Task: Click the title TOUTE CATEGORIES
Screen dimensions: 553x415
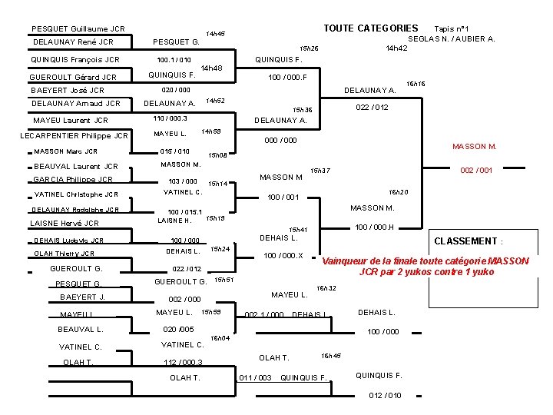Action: pos(370,28)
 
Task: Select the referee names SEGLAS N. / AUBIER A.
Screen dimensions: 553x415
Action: pos(452,38)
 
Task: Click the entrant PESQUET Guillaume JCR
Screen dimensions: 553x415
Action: pos(78,29)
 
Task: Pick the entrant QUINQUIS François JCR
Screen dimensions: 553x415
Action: pos(75,59)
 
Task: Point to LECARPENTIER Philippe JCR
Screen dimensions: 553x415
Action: pos(74,136)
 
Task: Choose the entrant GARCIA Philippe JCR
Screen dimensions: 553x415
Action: pos(73,180)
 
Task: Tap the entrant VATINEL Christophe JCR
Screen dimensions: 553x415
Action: pos(76,194)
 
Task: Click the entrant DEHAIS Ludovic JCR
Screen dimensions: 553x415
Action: pos(68,241)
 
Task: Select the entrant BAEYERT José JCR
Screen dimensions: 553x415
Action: pos(68,90)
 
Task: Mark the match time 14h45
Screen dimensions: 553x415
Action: pos(215,34)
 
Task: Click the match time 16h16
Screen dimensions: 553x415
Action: pos(416,83)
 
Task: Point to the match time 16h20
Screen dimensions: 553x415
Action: pos(398,192)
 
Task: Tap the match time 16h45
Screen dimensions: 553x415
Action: pos(330,356)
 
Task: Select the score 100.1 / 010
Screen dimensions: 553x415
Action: pos(174,60)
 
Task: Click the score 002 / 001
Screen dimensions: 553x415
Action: pos(476,171)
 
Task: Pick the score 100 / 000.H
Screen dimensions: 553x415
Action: pos(374,227)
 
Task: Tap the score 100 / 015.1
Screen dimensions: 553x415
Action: pos(185,211)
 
